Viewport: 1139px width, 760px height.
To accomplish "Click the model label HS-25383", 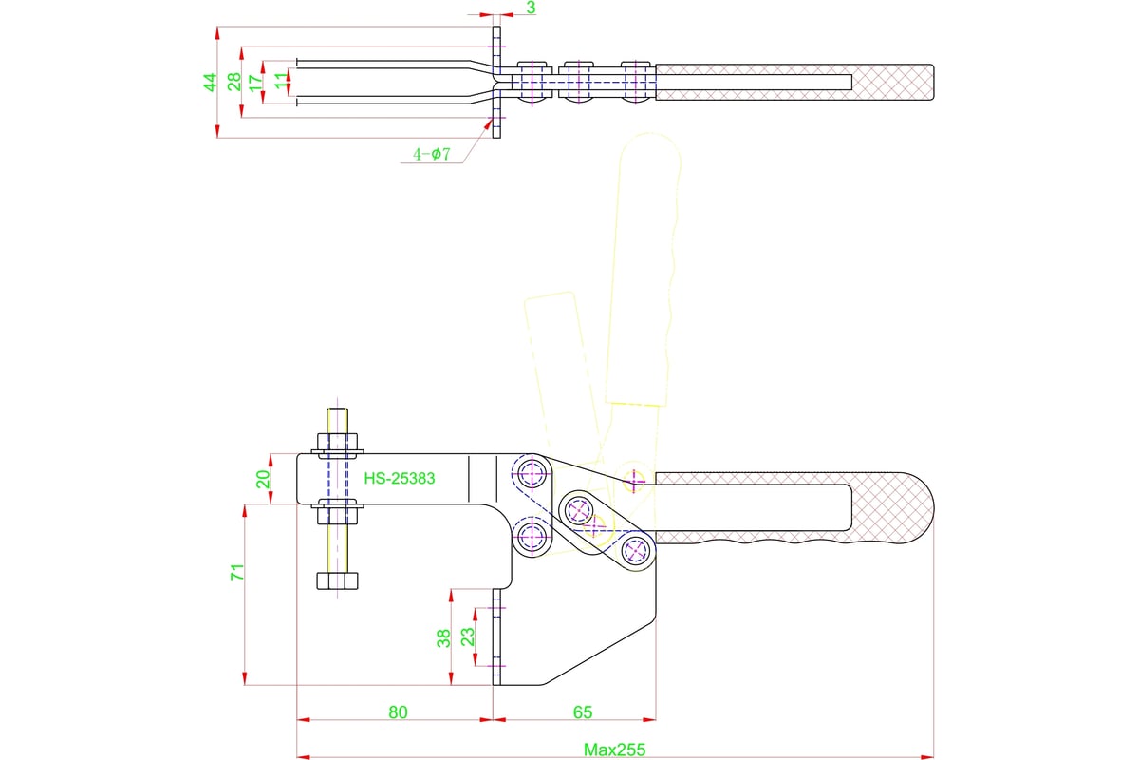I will click(399, 479).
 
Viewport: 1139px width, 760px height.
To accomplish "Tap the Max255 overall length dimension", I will click(613, 750).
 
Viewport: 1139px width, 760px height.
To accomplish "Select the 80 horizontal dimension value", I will click(398, 712).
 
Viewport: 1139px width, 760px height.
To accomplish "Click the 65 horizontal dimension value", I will click(583, 712).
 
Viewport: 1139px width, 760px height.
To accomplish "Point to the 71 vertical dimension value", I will click(238, 572).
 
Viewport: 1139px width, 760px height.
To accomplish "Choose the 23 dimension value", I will click(467, 637).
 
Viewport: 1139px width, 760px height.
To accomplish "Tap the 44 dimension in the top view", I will click(211, 83).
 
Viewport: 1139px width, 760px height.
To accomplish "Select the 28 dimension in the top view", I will click(233, 83).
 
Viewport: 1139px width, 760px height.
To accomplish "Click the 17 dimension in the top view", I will click(255, 83).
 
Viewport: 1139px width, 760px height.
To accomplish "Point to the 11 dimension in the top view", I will click(279, 83).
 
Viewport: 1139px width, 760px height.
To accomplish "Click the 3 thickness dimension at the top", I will click(531, 8).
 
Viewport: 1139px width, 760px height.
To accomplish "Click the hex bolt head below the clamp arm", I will click(339, 580).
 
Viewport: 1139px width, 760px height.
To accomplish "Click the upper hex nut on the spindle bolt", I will click(338, 442).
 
